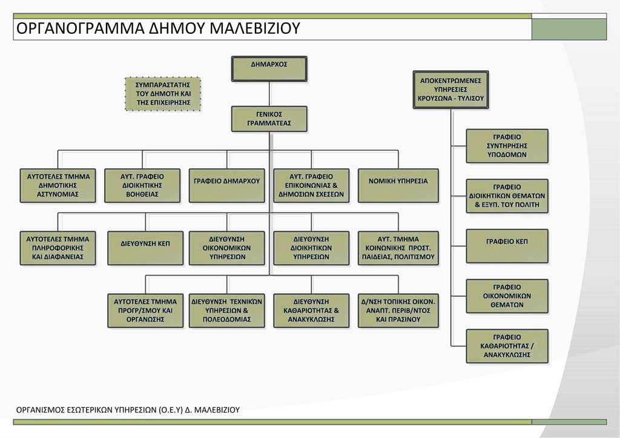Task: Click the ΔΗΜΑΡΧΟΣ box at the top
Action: pos(269,68)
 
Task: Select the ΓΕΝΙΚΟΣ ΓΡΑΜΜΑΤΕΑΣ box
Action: pos(269,119)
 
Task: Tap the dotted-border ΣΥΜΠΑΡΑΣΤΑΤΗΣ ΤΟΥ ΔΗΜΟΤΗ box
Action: pos(163,94)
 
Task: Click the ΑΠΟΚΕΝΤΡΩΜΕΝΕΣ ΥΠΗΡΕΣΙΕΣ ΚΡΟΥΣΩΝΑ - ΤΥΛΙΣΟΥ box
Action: pos(450,89)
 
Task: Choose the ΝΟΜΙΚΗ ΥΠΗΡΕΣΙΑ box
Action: pos(398,185)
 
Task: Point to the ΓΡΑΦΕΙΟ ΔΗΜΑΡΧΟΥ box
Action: pos(227,185)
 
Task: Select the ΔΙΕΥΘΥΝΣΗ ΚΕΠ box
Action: pos(145,247)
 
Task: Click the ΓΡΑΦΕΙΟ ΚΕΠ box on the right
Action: pos(507,246)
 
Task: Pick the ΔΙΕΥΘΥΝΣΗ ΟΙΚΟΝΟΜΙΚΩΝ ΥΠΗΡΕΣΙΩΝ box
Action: pos(227,247)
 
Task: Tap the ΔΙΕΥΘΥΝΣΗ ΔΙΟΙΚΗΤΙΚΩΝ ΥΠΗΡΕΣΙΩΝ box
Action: pos(311,247)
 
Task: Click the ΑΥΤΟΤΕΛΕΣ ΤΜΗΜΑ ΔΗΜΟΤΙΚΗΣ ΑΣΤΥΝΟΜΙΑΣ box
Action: pos(58,185)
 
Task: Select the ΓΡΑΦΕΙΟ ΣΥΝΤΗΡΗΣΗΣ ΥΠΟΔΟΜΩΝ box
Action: pos(507,146)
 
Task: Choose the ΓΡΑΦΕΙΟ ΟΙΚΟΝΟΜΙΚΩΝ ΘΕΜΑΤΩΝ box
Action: pos(507,296)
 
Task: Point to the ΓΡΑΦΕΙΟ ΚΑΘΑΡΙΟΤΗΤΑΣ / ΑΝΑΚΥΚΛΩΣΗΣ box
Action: pos(507,345)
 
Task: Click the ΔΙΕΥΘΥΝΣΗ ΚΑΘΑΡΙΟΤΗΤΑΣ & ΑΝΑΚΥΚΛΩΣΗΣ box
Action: pos(311,310)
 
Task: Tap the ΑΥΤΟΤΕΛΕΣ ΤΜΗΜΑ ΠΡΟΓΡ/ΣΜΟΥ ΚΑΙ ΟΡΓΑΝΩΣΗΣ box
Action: pos(145,310)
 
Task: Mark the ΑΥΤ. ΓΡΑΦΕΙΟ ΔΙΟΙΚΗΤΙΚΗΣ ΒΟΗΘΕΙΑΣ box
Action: pos(142,185)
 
